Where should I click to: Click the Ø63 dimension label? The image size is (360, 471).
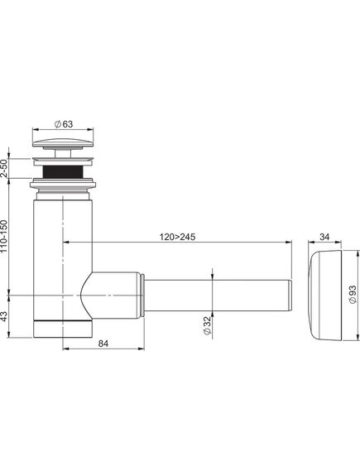(64, 124)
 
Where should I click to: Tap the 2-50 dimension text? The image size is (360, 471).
(4, 168)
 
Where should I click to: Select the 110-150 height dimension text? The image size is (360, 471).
(4, 236)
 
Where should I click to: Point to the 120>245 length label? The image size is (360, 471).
(177, 237)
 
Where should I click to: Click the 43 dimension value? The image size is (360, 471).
(4, 316)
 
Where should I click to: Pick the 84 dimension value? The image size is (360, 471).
(103, 344)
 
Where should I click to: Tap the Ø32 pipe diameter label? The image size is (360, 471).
(208, 325)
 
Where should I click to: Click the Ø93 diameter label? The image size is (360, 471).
(353, 295)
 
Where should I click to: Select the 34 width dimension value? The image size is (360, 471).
(324, 237)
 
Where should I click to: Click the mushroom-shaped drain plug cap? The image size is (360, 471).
(63, 143)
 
